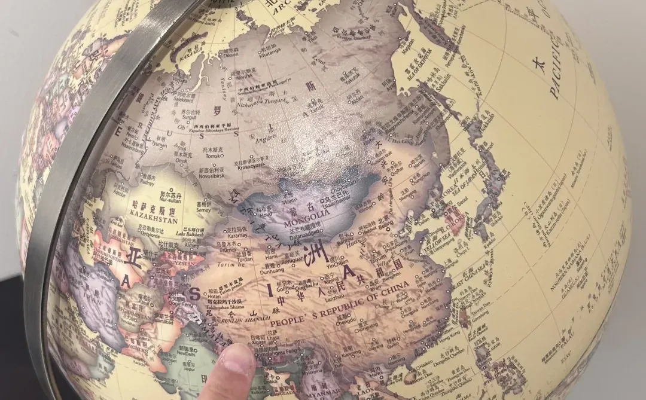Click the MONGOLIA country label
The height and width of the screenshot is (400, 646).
click(x=309, y=214)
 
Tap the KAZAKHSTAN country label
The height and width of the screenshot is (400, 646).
click(x=153, y=220)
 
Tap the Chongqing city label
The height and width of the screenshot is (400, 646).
click(x=366, y=328)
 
